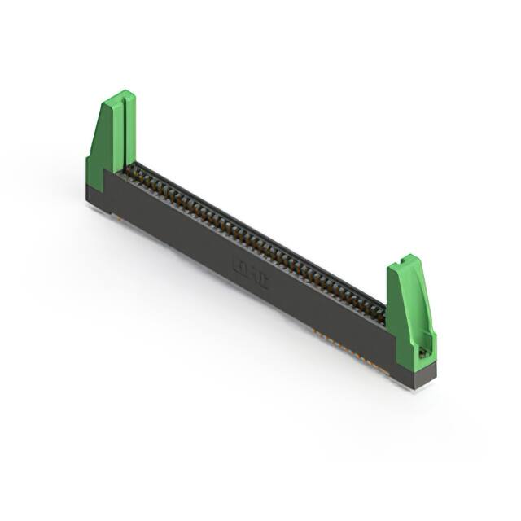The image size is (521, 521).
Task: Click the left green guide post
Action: point(112,138)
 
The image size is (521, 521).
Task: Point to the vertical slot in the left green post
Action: point(123,130)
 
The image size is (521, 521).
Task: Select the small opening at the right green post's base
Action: point(423,352)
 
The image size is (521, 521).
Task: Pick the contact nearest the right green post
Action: point(378,311)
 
